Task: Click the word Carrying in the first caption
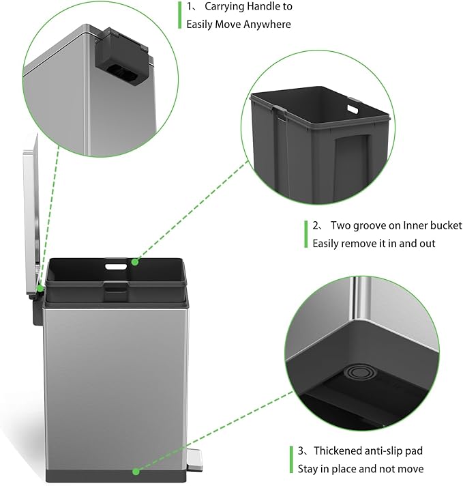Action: (224, 8)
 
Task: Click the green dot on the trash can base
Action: (136, 470)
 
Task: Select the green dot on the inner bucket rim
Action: (136, 261)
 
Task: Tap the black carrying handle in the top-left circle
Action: (121, 58)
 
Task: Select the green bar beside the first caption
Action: (180, 16)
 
